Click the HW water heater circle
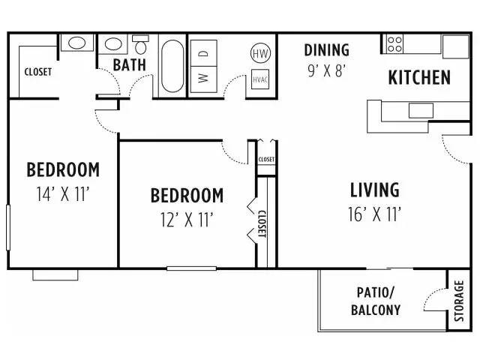pos(260,53)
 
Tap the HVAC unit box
pos(260,79)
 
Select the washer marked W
pos(203,79)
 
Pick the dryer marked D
pos(203,53)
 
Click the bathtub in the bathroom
pos(172,66)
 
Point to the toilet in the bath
pos(140,45)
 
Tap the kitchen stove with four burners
pos(394,44)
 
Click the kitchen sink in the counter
pos(421,110)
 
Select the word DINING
pos(327,50)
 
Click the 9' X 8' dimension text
pos(327,71)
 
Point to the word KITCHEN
pos(419,77)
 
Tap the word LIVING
pos(375,190)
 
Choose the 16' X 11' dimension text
pos(375,214)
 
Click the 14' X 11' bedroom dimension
pos(63,193)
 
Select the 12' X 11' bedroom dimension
pos(187,220)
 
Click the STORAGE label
pos(459,301)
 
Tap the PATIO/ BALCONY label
pos(376,301)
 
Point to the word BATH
pos(130,65)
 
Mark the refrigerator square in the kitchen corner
pos(455,46)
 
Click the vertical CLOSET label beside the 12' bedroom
pos(262,223)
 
